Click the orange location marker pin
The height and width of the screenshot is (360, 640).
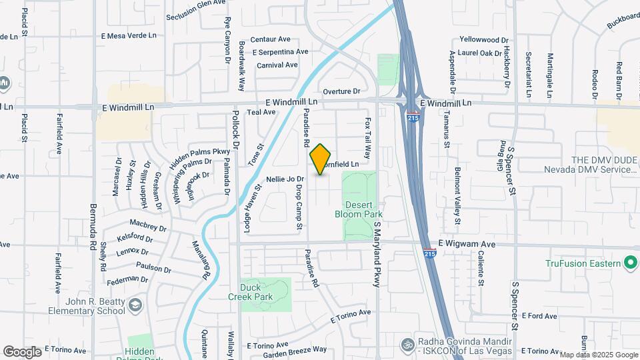tap(321, 159)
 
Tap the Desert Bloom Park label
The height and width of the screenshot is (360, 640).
tap(363, 210)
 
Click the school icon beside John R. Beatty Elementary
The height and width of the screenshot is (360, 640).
tap(136, 305)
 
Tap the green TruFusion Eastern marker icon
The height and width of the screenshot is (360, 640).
tap(629, 263)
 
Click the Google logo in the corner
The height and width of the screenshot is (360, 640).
tap(22, 352)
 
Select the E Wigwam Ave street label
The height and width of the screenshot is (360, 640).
tap(467, 245)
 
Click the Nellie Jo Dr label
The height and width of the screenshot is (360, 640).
tap(285, 179)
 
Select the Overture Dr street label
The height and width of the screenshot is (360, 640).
tap(341, 91)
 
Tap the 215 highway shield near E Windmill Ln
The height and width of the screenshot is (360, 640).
tap(413, 115)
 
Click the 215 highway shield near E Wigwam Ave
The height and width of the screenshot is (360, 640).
tap(430, 253)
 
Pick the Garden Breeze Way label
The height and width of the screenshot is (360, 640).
tap(295, 349)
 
